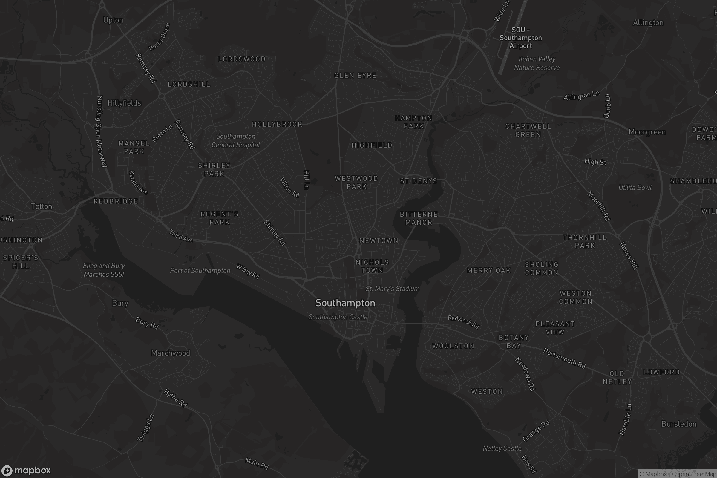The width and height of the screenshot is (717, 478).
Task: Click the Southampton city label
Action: click(x=345, y=303)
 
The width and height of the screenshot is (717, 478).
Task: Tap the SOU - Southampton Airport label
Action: click(x=521, y=38)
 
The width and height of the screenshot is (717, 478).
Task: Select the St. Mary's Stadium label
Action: click(x=392, y=289)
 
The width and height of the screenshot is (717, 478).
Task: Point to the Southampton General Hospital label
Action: click(x=236, y=140)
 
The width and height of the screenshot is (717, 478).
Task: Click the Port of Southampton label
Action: click(x=200, y=271)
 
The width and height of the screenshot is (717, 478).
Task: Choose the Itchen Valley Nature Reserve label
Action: click(x=537, y=63)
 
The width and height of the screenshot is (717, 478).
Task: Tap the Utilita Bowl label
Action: click(x=635, y=188)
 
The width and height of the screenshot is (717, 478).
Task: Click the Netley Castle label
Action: click(x=502, y=448)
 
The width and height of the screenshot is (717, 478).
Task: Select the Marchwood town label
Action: click(x=170, y=353)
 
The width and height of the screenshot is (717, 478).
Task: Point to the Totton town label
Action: click(x=42, y=206)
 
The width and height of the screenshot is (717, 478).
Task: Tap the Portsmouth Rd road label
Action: click(x=564, y=358)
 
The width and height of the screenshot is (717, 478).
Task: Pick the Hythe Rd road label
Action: click(x=175, y=398)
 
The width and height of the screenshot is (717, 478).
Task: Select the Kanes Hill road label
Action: click(x=629, y=256)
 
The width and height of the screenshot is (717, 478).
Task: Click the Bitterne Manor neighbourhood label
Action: click(x=419, y=218)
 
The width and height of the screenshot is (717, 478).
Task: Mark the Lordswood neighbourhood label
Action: click(x=242, y=59)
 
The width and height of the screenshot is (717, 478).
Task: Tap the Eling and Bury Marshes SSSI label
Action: click(x=104, y=270)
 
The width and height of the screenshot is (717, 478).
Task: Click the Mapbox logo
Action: click(x=26, y=470)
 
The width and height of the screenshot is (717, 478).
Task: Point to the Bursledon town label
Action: click(x=679, y=424)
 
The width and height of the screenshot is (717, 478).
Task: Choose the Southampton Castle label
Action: click(x=338, y=317)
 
